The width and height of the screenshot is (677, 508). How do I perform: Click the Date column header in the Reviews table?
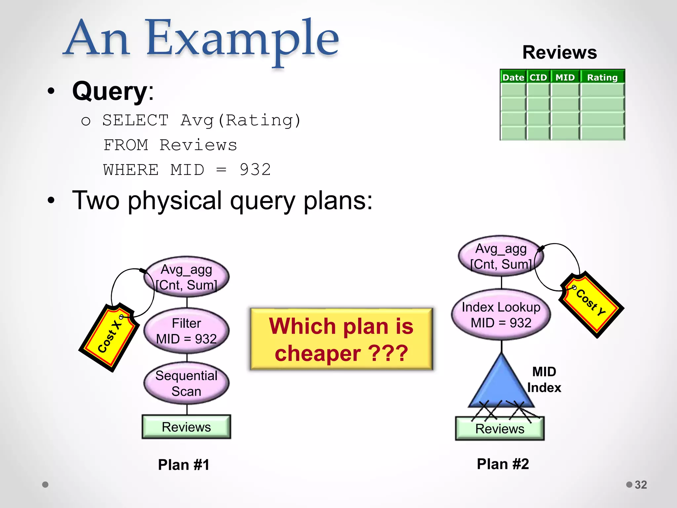[x=513, y=77]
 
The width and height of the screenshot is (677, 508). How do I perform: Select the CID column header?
[x=538, y=77]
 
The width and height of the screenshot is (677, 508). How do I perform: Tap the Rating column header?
[x=602, y=77]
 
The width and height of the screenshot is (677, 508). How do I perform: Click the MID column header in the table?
[x=565, y=77]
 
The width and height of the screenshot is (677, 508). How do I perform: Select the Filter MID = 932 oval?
[x=186, y=331]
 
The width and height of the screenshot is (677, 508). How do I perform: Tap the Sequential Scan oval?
[x=186, y=383]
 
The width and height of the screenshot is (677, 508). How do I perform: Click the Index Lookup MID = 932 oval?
[x=501, y=315]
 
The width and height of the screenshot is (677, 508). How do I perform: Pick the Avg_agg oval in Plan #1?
[x=186, y=277]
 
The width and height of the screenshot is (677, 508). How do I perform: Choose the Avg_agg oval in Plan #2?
[x=501, y=256]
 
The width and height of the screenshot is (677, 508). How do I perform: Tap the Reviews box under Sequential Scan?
[x=186, y=427]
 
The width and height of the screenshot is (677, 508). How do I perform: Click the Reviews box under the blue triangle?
[x=499, y=429]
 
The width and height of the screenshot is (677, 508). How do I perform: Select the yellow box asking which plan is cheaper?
[x=341, y=339]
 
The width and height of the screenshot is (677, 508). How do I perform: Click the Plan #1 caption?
[x=183, y=465]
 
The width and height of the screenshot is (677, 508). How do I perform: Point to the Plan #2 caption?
[x=502, y=464]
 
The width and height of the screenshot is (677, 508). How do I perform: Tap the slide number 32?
[x=640, y=485]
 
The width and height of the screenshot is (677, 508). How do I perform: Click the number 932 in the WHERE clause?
[x=255, y=170]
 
